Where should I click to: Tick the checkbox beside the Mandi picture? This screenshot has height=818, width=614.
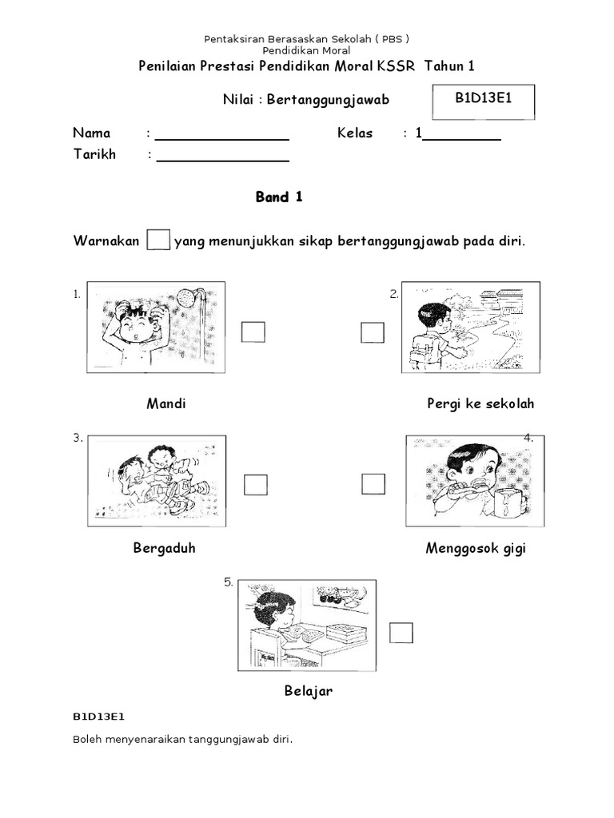pyautogui.click(x=253, y=332)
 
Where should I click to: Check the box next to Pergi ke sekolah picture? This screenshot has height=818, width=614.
pyautogui.click(x=373, y=332)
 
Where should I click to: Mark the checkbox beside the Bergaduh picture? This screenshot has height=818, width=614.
pyautogui.click(x=256, y=484)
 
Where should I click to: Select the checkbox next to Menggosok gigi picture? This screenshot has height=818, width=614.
pyautogui.click(x=373, y=483)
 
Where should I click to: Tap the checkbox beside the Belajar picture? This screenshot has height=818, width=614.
pyautogui.click(x=401, y=633)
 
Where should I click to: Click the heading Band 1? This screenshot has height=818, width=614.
pyautogui.click(x=279, y=198)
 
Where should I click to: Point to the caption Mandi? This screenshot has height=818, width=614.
pyautogui.click(x=166, y=403)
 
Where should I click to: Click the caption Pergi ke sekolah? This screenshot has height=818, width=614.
pyautogui.click(x=480, y=403)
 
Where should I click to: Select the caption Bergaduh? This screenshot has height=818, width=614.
pyautogui.click(x=165, y=549)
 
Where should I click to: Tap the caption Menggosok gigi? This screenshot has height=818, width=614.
pyautogui.click(x=476, y=549)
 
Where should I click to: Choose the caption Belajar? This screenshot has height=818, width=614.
pyautogui.click(x=308, y=691)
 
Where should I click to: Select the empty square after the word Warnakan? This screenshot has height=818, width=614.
pyautogui.click(x=158, y=240)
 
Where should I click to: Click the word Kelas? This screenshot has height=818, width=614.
pyautogui.click(x=355, y=133)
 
